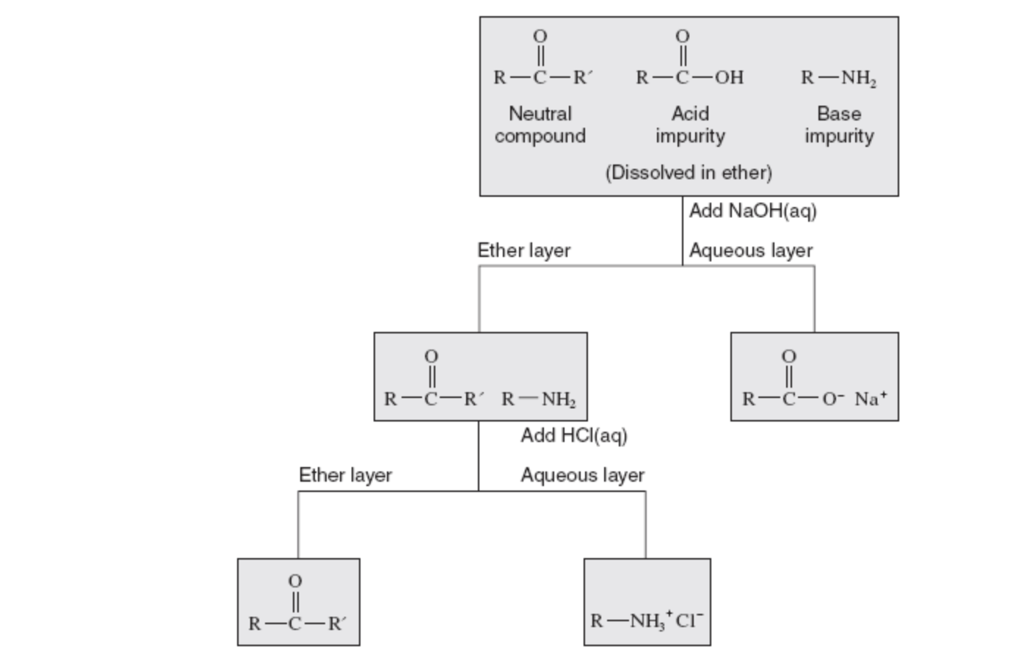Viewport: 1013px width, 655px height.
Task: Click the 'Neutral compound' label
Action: [540, 125]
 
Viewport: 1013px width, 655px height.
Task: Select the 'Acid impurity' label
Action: [690, 125]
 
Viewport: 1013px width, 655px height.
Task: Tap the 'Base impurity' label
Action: [839, 125]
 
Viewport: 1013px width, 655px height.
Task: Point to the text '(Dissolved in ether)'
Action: [689, 173]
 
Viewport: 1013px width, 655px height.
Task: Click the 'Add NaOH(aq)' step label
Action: [752, 211]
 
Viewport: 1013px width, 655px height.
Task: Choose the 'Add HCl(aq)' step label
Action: [574, 435]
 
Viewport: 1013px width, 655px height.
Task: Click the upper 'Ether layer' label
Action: [523, 250]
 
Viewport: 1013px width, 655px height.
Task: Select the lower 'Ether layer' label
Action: [345, 475]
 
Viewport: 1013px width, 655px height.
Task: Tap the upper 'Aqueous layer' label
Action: [750, 250]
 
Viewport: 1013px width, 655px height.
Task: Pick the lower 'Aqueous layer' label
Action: [582, 475]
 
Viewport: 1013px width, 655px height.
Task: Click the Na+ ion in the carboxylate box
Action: [871, 398]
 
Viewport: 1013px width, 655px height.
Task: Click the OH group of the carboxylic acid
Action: [729, 78]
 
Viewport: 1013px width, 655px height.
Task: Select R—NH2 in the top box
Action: [838, 78]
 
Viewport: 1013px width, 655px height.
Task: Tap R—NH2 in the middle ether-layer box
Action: [539, 399]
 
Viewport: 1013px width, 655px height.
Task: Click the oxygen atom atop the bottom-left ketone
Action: [294, 581]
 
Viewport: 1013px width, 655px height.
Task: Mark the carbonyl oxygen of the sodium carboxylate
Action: [788, 356]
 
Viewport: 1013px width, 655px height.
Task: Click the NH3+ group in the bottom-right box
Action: [649, 621]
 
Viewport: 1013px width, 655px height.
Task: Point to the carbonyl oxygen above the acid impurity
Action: [683, 36]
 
